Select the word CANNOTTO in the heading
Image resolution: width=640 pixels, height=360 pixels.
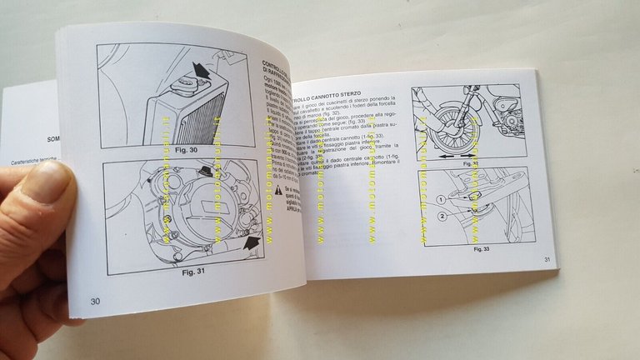coord(328,89)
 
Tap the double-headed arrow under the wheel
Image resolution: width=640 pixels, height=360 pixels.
coord(458,155)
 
